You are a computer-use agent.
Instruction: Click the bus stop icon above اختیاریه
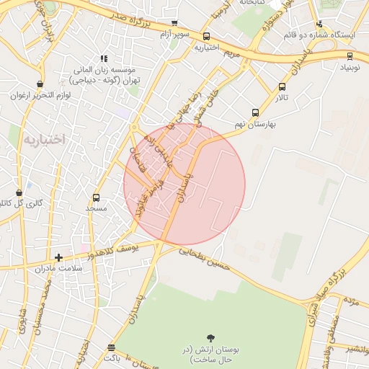207,36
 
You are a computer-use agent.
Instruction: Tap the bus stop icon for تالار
282,87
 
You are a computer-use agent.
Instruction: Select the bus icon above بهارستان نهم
254,112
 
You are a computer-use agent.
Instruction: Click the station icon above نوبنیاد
350,56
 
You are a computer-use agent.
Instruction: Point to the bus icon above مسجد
96,197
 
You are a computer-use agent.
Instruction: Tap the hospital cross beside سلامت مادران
59,257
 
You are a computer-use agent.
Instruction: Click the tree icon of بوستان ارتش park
210,337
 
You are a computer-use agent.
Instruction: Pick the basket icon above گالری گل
19,192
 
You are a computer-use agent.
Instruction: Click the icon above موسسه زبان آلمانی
104,58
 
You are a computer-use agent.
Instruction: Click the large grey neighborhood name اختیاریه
43,138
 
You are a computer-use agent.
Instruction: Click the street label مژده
350,298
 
